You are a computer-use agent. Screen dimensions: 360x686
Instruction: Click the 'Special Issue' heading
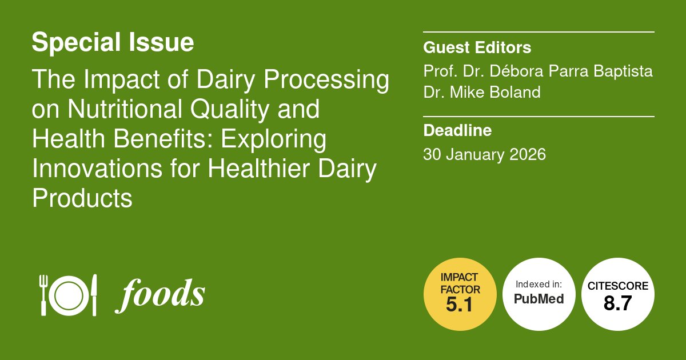click(x=113, y=43)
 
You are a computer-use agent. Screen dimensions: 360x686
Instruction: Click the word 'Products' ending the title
click(x=82, y=198)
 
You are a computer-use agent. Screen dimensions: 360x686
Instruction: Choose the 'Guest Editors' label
click(x=477, y=47)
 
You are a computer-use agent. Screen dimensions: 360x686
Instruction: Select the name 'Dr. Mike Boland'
click(x=481, y=92)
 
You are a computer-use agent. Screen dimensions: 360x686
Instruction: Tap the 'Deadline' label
click(x=457, y=131)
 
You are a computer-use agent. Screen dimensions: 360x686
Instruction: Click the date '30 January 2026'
click(x=484, y=154)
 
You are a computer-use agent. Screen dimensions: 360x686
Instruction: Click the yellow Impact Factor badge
click(x=459, y=294)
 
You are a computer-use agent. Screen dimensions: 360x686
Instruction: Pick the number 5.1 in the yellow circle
click(x=459, y=306)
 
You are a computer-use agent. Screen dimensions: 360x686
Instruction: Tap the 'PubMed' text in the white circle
click(x=539, y=299)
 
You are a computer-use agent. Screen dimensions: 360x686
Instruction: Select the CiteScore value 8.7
click(x=617, y=303)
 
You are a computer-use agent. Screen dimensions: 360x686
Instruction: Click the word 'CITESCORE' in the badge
click(x=617, y=286)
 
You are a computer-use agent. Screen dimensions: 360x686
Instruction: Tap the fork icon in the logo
click(x=43, y=295)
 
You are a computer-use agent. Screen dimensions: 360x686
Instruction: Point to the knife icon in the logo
click(x=94, y=295)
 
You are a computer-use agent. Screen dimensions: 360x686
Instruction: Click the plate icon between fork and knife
click(x=69, y=295)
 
